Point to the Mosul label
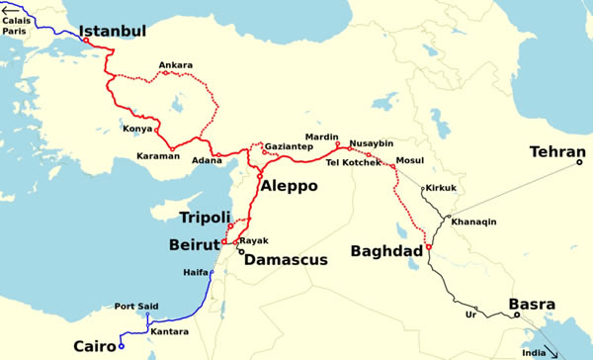pyautogui.click(x=408, y=159)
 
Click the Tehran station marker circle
pyautogui.click(x=579, y=162)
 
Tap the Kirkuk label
pyautogui.click(x=441, y=188)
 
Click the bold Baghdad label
pyautogui.click(x=385, y=252)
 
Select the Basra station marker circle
pyautogui.click(x=516, y=316)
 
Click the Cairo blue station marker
pyautogui.click(x=121, y=347)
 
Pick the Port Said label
pyautogui.click(x=137, y=306)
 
